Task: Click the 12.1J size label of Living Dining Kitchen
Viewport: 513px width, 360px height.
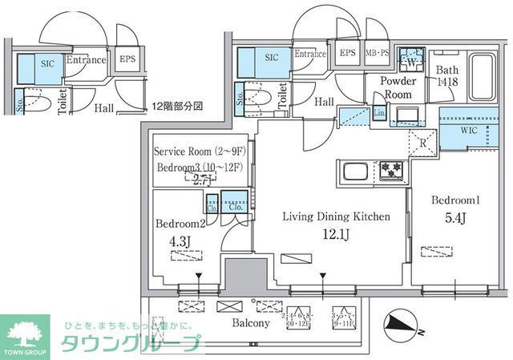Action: [336, 233]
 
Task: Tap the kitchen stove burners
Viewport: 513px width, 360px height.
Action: [392, 170]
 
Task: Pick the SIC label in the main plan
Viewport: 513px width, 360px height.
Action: [272, 58]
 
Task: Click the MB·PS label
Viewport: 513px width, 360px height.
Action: [378, 54]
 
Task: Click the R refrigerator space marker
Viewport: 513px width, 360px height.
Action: [422, 146]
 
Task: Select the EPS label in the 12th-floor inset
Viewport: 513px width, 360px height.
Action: [127, 59]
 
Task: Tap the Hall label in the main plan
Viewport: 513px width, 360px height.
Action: [324, 102]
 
